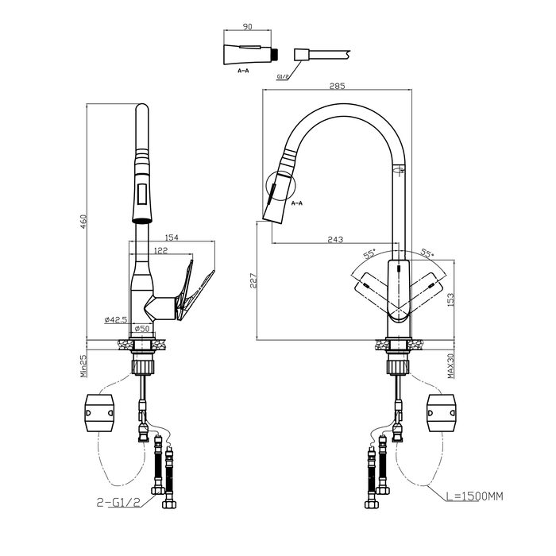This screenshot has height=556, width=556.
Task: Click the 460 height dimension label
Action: coord(83,222)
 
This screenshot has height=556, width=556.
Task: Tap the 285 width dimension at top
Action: coord(337,86)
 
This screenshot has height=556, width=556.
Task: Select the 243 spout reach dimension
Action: coord(335,240)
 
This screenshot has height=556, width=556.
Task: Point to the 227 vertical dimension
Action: coord(253,280)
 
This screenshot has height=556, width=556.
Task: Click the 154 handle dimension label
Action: coord(172,237)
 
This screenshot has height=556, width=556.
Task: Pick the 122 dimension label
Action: coord(160,250)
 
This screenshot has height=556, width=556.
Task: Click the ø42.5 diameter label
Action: coord(116,319)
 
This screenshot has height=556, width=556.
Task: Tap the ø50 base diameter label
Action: coord(142,329)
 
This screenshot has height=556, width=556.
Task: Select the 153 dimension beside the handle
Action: coord(450,300)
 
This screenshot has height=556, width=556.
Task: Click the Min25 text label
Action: coord(83,366)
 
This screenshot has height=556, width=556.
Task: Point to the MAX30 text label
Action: coord(450,366)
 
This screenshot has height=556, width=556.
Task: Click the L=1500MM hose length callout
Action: coord(474,496)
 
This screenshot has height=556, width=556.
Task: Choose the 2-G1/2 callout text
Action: coord(119,502)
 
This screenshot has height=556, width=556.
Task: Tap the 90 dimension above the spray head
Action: coord(247,26)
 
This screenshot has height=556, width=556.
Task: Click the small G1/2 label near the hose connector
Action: coord(283,76)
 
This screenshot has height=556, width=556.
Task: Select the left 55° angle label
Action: coord(369,253)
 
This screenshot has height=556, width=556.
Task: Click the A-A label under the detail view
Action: coord(243,71)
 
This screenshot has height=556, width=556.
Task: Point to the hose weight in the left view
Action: coord(99,413)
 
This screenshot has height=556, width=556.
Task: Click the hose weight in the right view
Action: coord(442,413)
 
